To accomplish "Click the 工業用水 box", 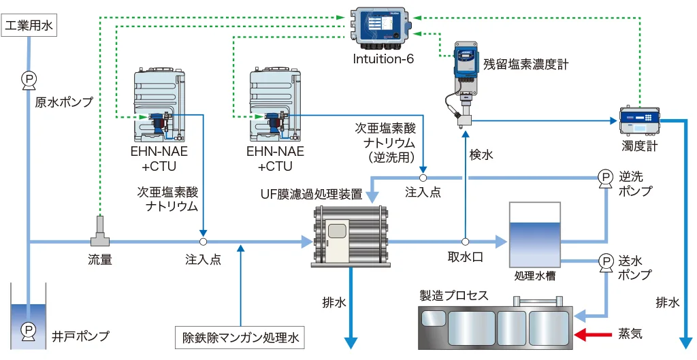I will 29,27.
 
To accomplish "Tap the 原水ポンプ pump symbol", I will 29,80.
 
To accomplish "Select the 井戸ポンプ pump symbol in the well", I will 29,330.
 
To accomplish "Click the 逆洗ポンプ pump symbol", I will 604,178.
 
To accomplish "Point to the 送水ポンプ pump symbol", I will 604,261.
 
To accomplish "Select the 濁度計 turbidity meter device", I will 639,121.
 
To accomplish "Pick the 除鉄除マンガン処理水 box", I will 239,337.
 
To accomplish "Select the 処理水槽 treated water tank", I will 535,235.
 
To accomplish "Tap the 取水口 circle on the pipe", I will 465,242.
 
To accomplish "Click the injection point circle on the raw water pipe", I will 203,242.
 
